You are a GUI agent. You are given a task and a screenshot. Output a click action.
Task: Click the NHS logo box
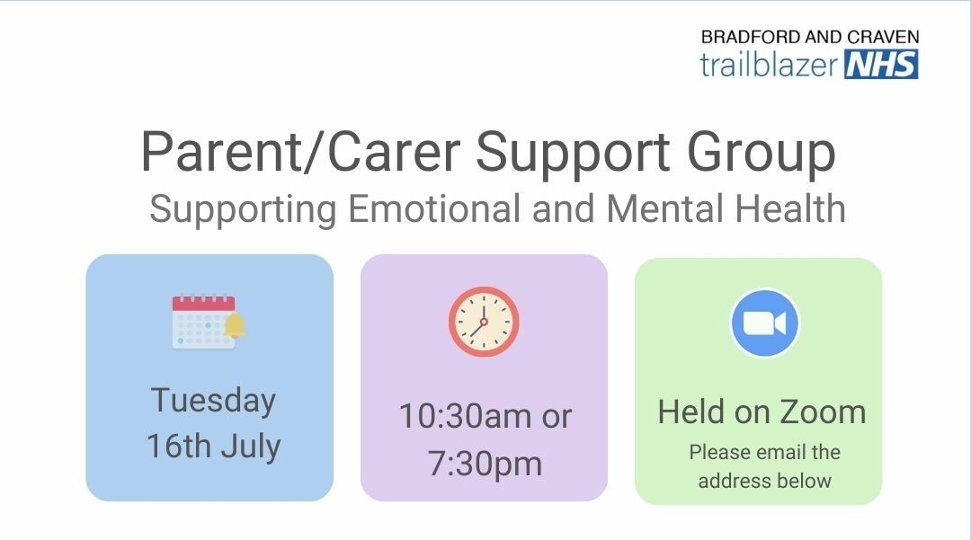tap(882, 65)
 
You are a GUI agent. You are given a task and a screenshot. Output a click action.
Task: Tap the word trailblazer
tap(770, 65)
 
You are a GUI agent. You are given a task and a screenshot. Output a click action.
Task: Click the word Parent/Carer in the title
tap(300, 153)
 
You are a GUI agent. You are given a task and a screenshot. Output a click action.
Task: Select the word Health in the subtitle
tap(790, 209)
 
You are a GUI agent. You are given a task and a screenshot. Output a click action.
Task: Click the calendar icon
tap(204, 321)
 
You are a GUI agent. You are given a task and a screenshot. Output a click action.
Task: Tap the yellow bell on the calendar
tap(235, 325)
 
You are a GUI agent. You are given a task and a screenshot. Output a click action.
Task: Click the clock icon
tap(484, 322)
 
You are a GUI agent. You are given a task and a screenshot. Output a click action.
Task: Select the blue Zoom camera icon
tap(765, 323)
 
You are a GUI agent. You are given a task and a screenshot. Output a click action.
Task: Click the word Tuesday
tap(213, 401)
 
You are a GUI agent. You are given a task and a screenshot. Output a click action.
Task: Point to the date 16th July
tap(213, 447)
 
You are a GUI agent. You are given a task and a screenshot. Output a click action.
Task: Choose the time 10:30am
tap(458, 417)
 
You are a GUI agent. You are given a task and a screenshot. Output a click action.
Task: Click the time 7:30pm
tap(484, 464)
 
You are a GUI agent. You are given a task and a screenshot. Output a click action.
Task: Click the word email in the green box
tap(763, 452)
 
